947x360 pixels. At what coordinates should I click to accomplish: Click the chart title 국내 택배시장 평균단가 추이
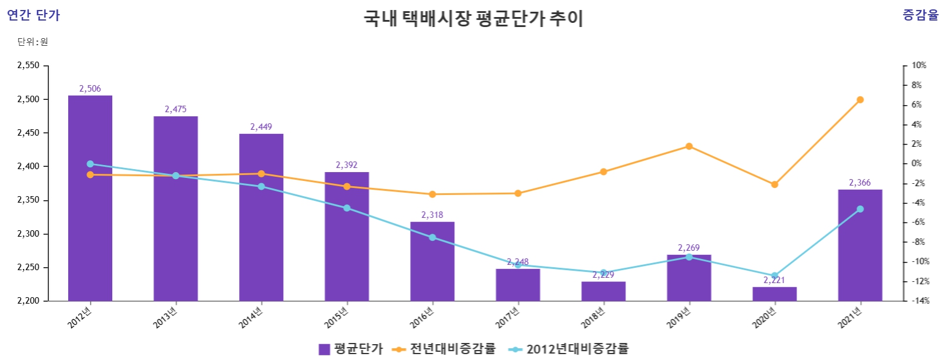tap(473, 18)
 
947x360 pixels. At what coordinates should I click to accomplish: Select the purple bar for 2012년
tap(90, 235)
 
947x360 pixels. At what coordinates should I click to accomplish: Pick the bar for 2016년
tap(432, 264)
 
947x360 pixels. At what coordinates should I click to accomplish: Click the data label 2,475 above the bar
tap(176, 109)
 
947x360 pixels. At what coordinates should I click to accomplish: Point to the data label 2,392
tap(347, 165)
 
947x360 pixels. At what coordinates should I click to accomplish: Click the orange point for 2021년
tap(859, 100)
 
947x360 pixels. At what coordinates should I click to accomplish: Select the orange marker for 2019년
tap(689, 146)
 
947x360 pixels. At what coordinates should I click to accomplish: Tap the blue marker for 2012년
tap(90, 164)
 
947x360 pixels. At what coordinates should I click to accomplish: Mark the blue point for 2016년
tap(432, 237)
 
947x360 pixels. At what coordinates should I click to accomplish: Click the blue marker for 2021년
tap(859, 209)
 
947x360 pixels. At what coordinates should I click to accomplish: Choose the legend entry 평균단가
tap(351, 349)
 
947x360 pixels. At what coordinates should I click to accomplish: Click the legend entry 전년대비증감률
tap(445, 349)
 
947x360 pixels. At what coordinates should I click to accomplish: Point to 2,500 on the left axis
tap(28, 99)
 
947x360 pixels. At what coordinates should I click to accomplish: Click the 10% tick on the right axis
tap(918, 65)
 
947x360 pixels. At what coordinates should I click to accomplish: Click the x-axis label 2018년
tap(593, 317)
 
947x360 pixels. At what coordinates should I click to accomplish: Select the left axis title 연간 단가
tap(33, 15)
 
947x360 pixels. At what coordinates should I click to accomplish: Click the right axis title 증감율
tap(921, 15)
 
